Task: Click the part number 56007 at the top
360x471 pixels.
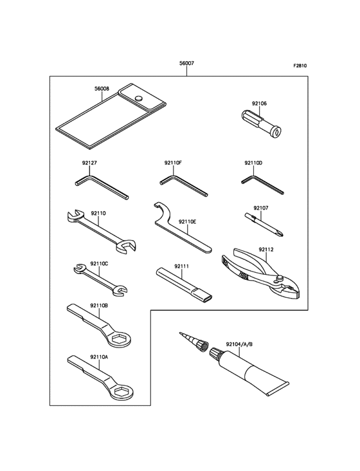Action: (x=186, y=64)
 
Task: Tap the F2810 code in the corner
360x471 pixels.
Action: (x=300, y=66)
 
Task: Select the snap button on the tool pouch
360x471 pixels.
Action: (x=138, y=98)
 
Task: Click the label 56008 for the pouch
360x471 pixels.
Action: (x=102, y=89)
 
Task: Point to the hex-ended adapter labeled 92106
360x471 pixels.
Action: (x=261, y=123)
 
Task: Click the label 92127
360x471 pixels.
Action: (x=89, y=163)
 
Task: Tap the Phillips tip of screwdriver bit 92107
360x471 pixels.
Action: (x=279, y=233)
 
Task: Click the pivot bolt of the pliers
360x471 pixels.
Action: (x=280, y=278)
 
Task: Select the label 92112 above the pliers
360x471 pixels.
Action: (x=266, y=250)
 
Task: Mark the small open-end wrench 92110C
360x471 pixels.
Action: (x=100, y=279)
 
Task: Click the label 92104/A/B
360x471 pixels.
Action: (x=239, y=344)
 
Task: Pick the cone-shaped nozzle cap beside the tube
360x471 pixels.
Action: (x=194, y=342)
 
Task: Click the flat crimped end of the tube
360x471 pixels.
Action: (x=278, y=389)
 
